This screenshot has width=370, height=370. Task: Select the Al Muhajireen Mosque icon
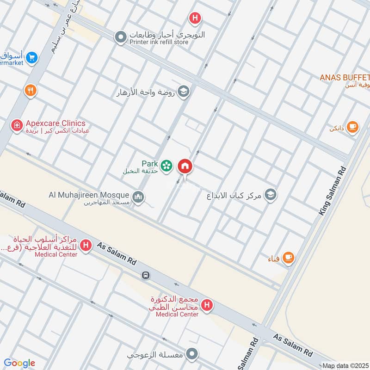(x=138, y=198)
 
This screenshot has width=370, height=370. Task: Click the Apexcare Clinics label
(x=55, y=123)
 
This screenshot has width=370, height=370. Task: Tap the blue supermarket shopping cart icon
(x=31, y=58)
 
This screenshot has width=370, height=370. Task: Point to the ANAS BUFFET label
(x=345, y=77)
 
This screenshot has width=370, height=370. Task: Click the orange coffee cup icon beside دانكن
(x=352, y=127)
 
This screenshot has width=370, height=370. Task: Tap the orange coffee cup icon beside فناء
(x=288, y=257)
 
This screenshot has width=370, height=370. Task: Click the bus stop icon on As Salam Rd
(x=146, y=275)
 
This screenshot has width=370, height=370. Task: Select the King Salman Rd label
(x=332, y=191)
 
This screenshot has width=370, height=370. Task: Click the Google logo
(x=19, y=363)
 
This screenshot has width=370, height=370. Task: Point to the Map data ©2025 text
(x=345, y=365)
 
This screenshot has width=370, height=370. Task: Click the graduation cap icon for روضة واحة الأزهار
(x=184, y=92)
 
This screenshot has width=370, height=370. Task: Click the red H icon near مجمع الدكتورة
(x=208, y=305)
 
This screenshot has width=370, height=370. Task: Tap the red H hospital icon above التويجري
(x=195, y=18)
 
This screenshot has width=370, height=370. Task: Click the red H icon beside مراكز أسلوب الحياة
(x=85, y=246)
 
